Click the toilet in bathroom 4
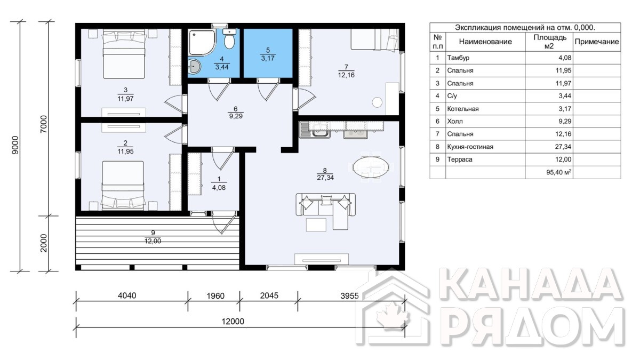[x=229, y=39]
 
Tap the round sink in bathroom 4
[x=194, y=67]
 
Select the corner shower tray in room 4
[x=202, y=42]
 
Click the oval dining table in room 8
[x=371, y=167]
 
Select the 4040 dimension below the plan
[x=127, y=295]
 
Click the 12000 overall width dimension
[x=233, y=322]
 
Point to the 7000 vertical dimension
[x=43, y=124]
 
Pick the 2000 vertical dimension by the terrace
[x=43, y=243]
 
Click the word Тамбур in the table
[x=458, y=58]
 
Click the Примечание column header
[x=597, y=42]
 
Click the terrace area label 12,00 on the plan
[x=153, y=241]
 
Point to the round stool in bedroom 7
[x=377, y=102]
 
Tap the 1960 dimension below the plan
[x=215, y=295]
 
